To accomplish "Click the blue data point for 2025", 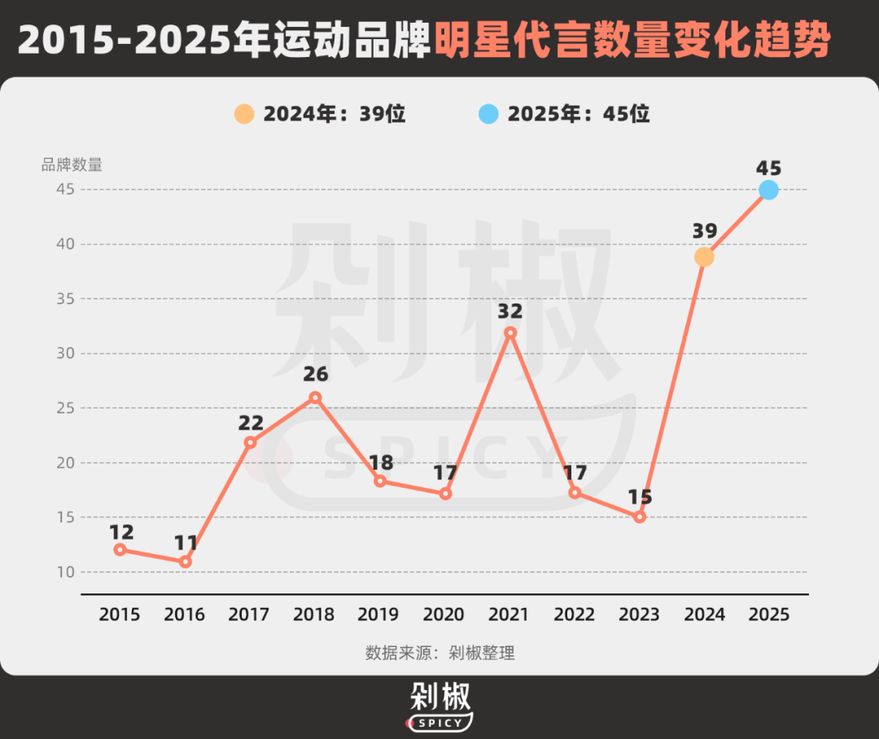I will pos(768,190).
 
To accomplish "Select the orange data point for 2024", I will pos(704,257).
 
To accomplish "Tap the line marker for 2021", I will pos(510,332).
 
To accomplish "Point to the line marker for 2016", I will pos(186,562).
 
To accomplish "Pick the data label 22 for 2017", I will pos(251,422).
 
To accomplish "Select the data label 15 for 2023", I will pos(640,496).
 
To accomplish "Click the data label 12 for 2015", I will pos(120,531).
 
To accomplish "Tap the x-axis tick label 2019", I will pos(379,614).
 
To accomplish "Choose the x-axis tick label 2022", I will pos(575,614).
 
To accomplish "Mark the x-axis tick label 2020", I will pos(444,614).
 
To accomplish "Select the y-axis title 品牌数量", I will pos(72,164).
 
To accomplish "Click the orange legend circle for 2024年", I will pos(244,114).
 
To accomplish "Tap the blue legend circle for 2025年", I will pos(488,114).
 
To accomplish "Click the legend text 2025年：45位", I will pos(579,114).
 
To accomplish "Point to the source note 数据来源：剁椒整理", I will pos(439,653).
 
